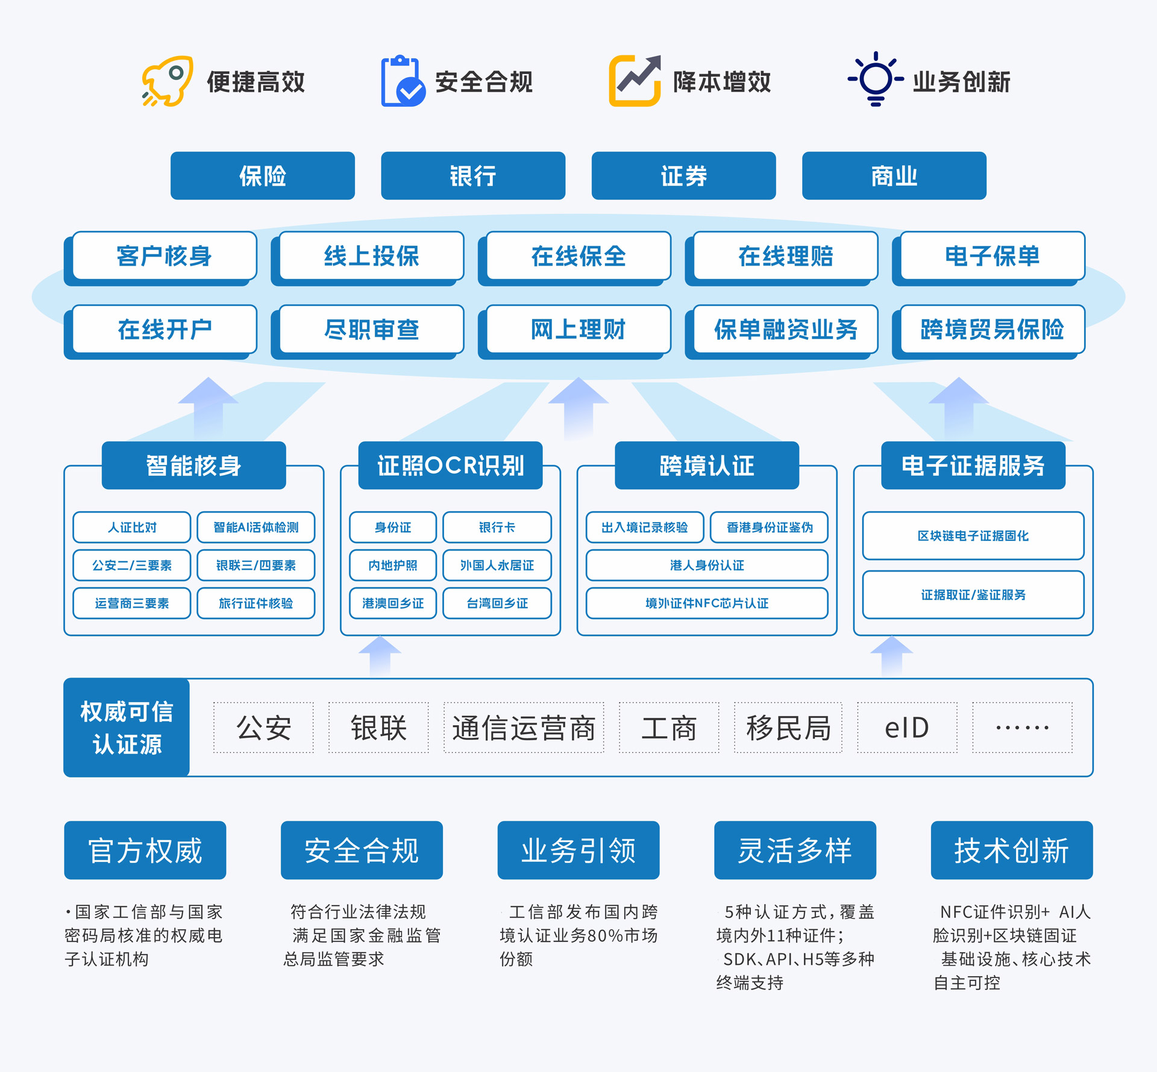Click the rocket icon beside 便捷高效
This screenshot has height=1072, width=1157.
[x=168, y=81]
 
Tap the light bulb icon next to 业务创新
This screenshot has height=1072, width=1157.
[x=876, y=79]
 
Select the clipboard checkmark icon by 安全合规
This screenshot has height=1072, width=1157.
[x=403, y=82]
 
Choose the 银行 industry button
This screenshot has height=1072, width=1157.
[x=473, y=176]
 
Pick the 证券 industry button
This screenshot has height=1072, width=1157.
[x=683, y=176]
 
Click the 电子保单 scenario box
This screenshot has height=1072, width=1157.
[x=992, y=256]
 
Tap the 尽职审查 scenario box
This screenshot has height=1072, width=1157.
[x=371, y=329]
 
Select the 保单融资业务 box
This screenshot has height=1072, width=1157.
[x=785, y=329]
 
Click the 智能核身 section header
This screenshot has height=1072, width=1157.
[x=193, y=466]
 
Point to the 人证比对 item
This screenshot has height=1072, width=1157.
[x=132, y=528]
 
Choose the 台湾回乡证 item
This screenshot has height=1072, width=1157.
[x=497, y=603]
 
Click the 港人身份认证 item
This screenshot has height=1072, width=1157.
[x=707, y=566]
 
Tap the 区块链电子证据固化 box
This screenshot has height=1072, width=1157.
[x=973, y=535]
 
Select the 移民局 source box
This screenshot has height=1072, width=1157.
[x=788, y=728]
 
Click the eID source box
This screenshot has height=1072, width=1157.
[x=907, y=728]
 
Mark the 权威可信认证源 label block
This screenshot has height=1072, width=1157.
[x=127, y=728]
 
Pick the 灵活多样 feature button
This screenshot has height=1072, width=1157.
[x=795, y=850]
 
